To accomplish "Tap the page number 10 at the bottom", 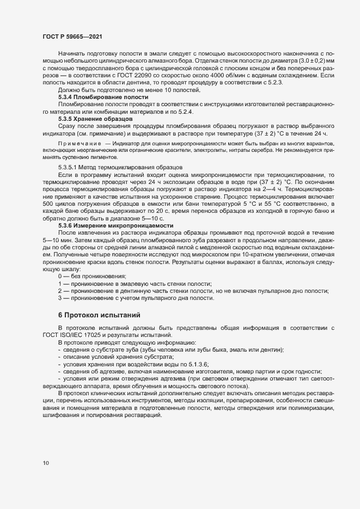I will (46, 463).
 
